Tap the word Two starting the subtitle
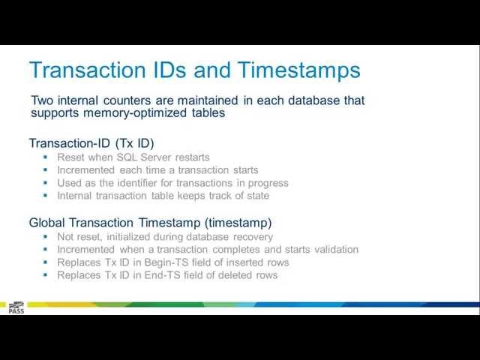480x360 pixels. tap(43, 100)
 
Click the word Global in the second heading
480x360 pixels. tap(47, 223)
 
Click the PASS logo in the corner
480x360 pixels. tap(16, 307)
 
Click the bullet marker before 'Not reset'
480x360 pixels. tap(46, 237)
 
